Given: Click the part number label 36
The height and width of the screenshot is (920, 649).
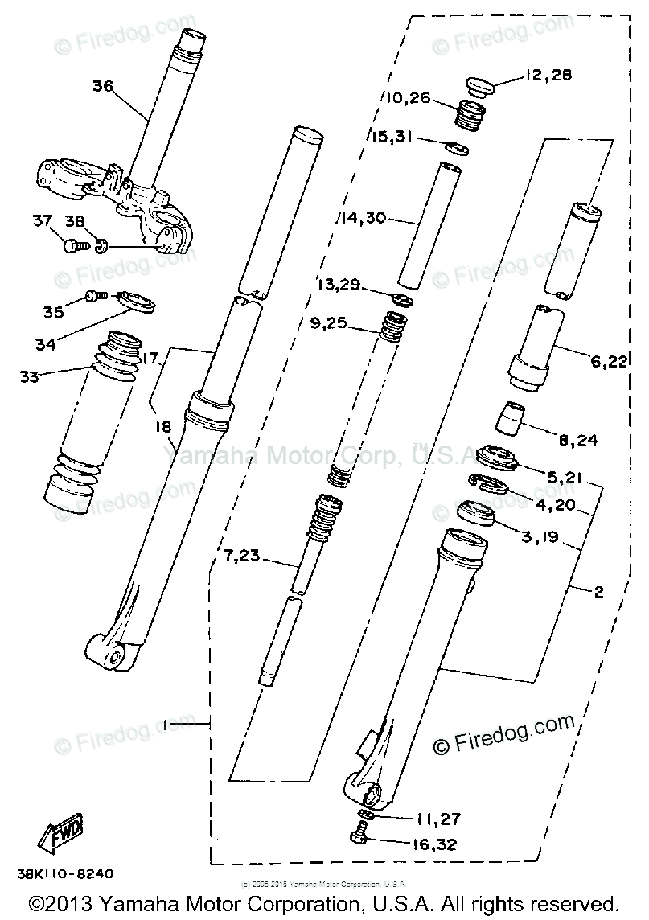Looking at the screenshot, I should [x=103, y=86].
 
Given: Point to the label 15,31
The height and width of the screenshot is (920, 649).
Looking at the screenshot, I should [x=392, y=137].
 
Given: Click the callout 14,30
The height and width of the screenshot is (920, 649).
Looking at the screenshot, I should [x=364, y=217].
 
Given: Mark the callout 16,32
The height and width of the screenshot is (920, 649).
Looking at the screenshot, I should [x=437, y=845].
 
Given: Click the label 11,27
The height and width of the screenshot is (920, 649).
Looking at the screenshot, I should [x=437, y=820].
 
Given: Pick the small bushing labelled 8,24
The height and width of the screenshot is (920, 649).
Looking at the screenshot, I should [x=508, y=417].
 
